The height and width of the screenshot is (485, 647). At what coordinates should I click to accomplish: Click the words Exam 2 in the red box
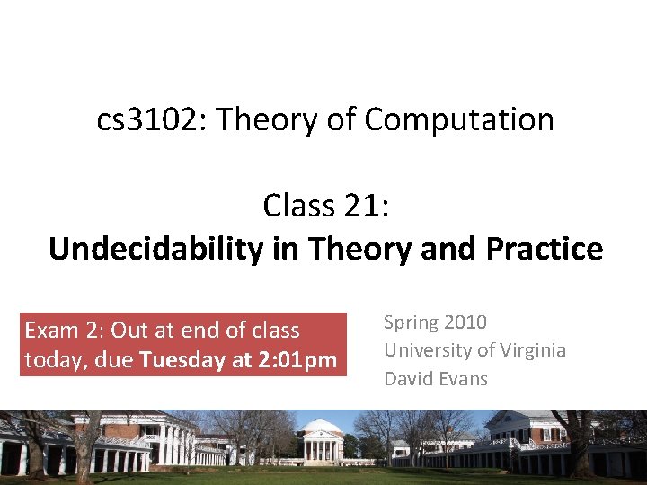click(x=64, y=331)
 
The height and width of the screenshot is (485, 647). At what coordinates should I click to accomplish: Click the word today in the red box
click(x=52, y=359)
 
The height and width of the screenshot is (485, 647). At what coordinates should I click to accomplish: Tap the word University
click(x=425, y=350)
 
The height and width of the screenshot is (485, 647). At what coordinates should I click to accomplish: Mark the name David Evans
click(x=436, y=378)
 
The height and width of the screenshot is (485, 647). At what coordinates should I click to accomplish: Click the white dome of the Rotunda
click(x=320, y=426)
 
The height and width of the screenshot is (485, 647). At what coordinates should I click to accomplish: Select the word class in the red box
click(x=275, y=331)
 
